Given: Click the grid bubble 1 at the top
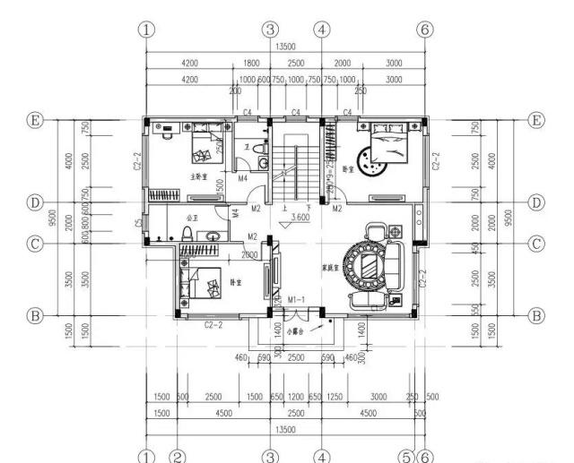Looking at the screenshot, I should point(146,29).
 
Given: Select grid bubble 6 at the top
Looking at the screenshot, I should point(426,29).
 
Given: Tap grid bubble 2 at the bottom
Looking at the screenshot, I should point(178,455).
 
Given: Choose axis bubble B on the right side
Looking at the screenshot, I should point(536,315).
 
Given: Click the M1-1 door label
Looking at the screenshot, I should point(297,298).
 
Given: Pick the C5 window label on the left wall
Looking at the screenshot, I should point(138,223).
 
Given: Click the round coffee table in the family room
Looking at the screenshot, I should point(369,264).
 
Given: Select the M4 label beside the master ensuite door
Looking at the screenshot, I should point(242,178).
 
